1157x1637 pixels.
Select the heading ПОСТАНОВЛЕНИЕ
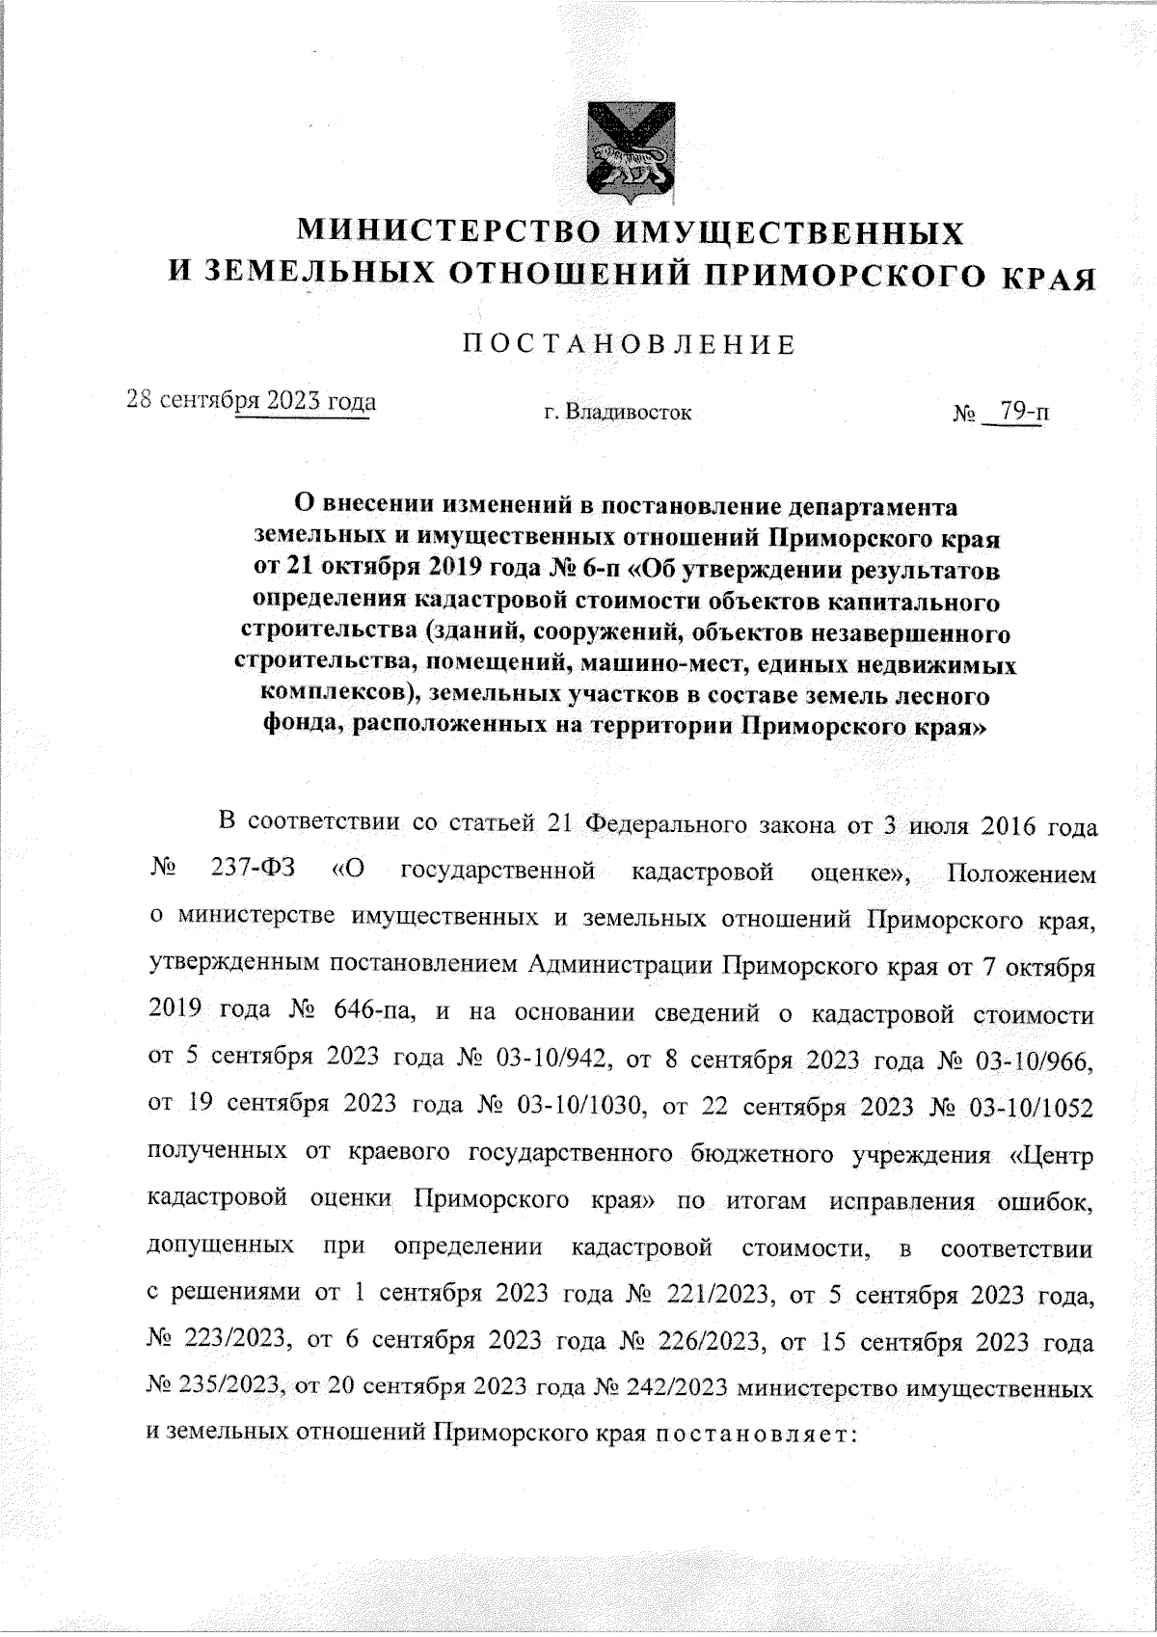pyautogui.click(x=631, y=345)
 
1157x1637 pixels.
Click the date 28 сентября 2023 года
pyautogui.click(x=252, y=400)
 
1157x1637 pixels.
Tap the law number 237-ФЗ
pyautogui.click(x=253, y=873)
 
